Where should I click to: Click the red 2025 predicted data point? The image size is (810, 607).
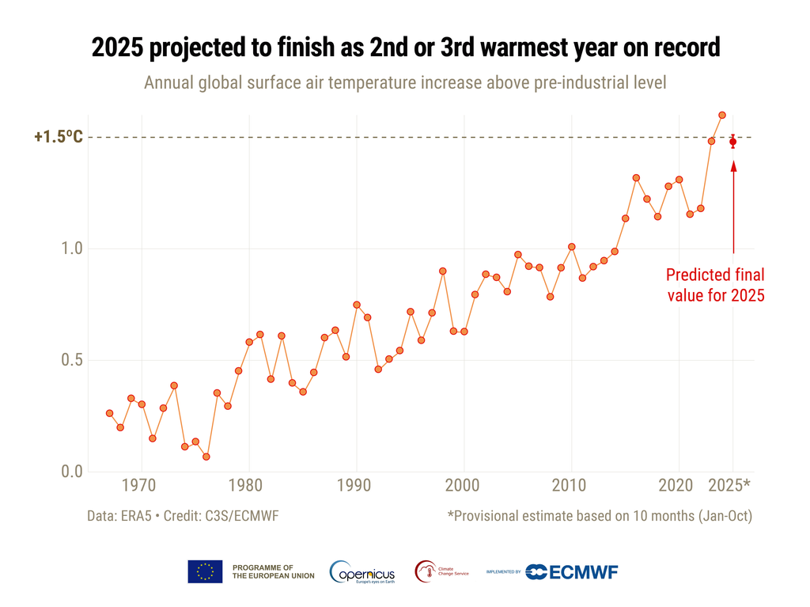[733, 142]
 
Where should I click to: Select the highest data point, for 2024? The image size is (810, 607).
[722, 115]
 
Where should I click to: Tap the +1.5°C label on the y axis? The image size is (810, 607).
[59, 138]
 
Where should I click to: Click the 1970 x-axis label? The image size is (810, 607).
[142, 484]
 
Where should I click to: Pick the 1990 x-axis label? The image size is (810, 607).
[356, 484]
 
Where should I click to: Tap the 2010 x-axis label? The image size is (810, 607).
[570, 484]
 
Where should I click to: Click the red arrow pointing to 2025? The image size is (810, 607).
[733, 206]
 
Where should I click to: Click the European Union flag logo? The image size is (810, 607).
[205, 571]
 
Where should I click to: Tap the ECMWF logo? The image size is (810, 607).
[573, 571]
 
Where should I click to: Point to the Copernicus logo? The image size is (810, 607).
[363, 571]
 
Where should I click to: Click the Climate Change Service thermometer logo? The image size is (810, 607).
[426, 571]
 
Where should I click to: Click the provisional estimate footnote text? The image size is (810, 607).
[599, 516]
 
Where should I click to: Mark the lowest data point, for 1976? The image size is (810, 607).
[206, 457]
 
